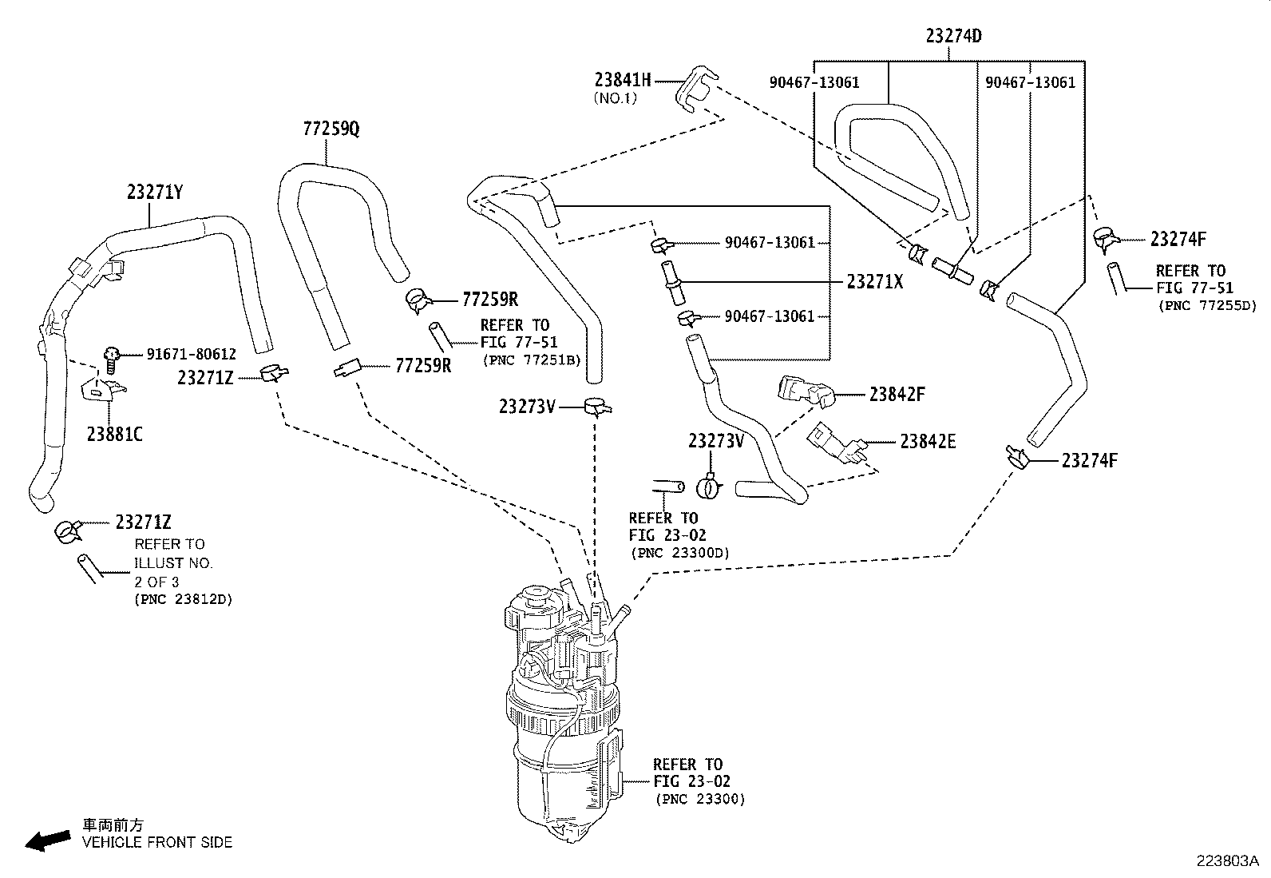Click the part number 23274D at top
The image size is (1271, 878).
[x=953, y=36]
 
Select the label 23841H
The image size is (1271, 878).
[x=623, y=80]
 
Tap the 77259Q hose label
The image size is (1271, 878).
[x=331, y=129]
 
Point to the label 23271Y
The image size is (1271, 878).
[x=154, y=192]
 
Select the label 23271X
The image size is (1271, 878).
[x=874, y=281]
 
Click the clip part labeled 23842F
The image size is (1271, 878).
[x=806, y=391]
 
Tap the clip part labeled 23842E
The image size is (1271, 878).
[x=837, y=442]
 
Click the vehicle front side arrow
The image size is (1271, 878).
[x=48, y=840]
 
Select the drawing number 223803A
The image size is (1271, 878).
[x=1227, y=861]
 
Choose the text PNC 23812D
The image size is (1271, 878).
[x=184, y=599]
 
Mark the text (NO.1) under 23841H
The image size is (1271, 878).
[x=615, y=98]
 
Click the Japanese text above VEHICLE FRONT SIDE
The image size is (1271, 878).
[x=113, y=824]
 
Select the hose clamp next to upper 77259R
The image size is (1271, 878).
[x=419, y=300]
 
